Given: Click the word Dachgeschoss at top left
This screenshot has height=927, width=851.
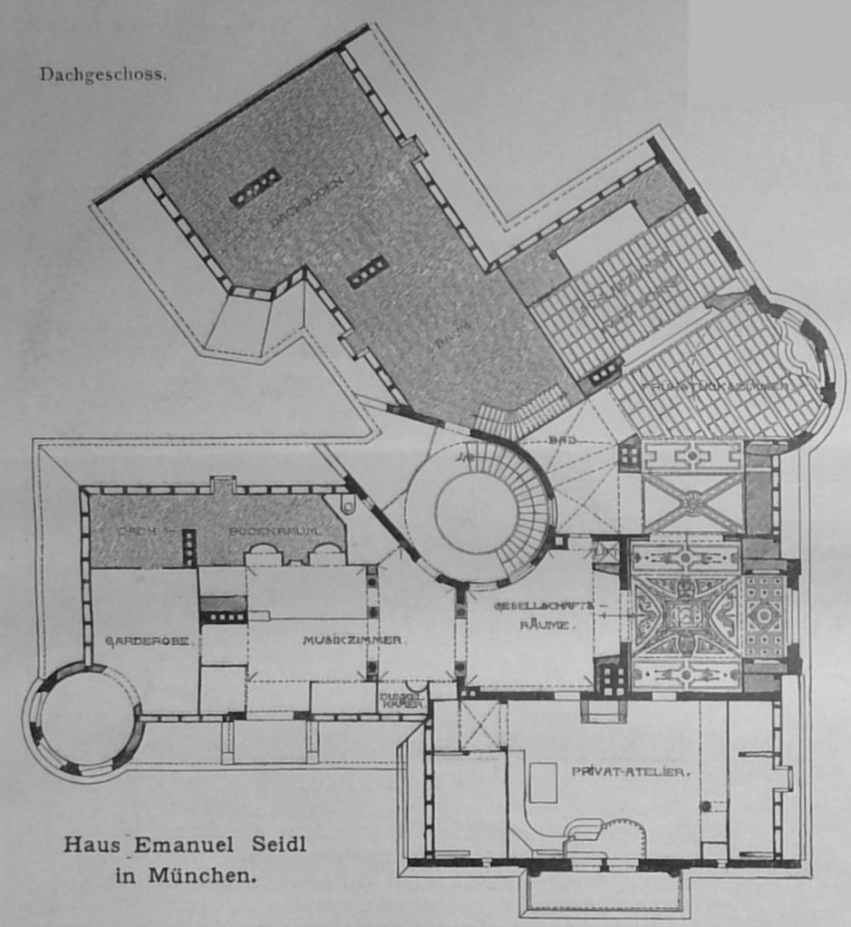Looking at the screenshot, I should pos(102,74).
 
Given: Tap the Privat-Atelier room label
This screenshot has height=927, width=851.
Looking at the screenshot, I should pos(632,771).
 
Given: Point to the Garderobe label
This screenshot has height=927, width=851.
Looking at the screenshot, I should pos(147,640).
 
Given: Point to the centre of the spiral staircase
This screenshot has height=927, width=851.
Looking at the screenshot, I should pos(476,511).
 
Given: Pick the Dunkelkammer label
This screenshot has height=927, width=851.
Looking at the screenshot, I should pos(402,700).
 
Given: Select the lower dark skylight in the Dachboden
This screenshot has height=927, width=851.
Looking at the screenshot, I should pos(368,272).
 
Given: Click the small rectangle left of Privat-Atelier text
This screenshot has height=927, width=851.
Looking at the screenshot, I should pos(543,782).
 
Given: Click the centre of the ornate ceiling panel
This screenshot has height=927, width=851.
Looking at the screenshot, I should pos(685,616).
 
